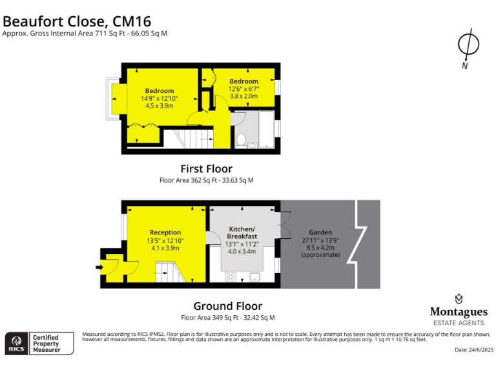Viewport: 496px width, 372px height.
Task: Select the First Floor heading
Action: (206, 169)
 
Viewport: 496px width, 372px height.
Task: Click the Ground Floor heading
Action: (228, 306)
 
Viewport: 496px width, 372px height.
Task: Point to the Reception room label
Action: (165, 232)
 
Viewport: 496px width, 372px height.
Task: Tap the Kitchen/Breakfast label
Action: (243, 232)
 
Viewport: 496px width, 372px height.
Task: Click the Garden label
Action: (320, 232)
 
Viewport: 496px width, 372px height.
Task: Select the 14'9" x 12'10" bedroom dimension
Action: (159, 98)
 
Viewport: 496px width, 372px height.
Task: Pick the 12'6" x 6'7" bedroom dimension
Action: (243, 88)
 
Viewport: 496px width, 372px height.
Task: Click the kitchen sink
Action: (255, 277)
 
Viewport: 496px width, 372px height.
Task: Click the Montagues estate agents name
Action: (459, 311)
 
